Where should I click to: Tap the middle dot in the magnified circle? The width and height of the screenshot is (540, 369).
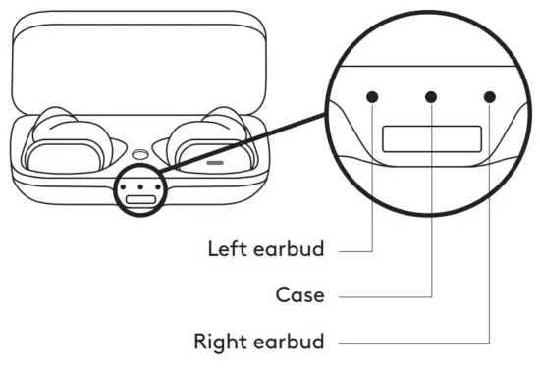(431, 96)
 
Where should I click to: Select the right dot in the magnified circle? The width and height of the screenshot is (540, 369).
(489, 96)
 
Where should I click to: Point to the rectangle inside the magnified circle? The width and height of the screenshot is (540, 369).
(431, 139)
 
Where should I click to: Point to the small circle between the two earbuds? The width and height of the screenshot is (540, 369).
(140, 154)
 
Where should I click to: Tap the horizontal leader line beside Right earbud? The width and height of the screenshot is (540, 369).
(412, 343)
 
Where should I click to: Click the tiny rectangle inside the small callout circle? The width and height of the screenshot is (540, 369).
(141, 198)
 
